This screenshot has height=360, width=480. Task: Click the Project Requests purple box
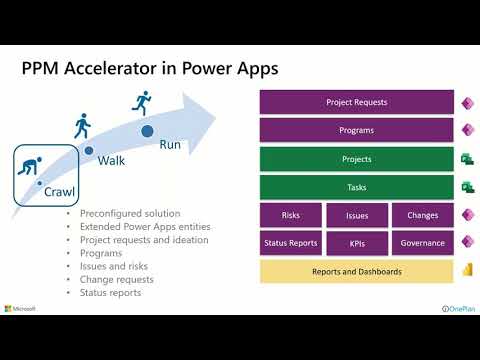[x=356, y=102]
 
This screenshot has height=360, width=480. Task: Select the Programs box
[x=356, y=130]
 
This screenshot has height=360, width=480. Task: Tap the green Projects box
[x=356, y=159]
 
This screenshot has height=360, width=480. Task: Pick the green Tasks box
[x=356, y=187]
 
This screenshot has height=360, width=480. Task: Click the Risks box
[x=291, y=215]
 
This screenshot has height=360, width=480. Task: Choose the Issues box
[x=357, y=215]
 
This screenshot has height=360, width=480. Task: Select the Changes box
[x=422, y=215]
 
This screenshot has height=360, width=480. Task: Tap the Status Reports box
[x=291, y=243]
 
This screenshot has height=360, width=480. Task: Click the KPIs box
[x=357, y=243]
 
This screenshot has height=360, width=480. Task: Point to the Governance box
[x=422, y=243]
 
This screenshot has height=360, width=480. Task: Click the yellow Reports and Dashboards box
[x=356, y=271]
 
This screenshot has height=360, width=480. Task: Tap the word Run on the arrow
[x=170, y=144]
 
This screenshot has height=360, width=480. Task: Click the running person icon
[x=142, y=103]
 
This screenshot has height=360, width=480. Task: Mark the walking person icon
[x=82, y=126]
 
